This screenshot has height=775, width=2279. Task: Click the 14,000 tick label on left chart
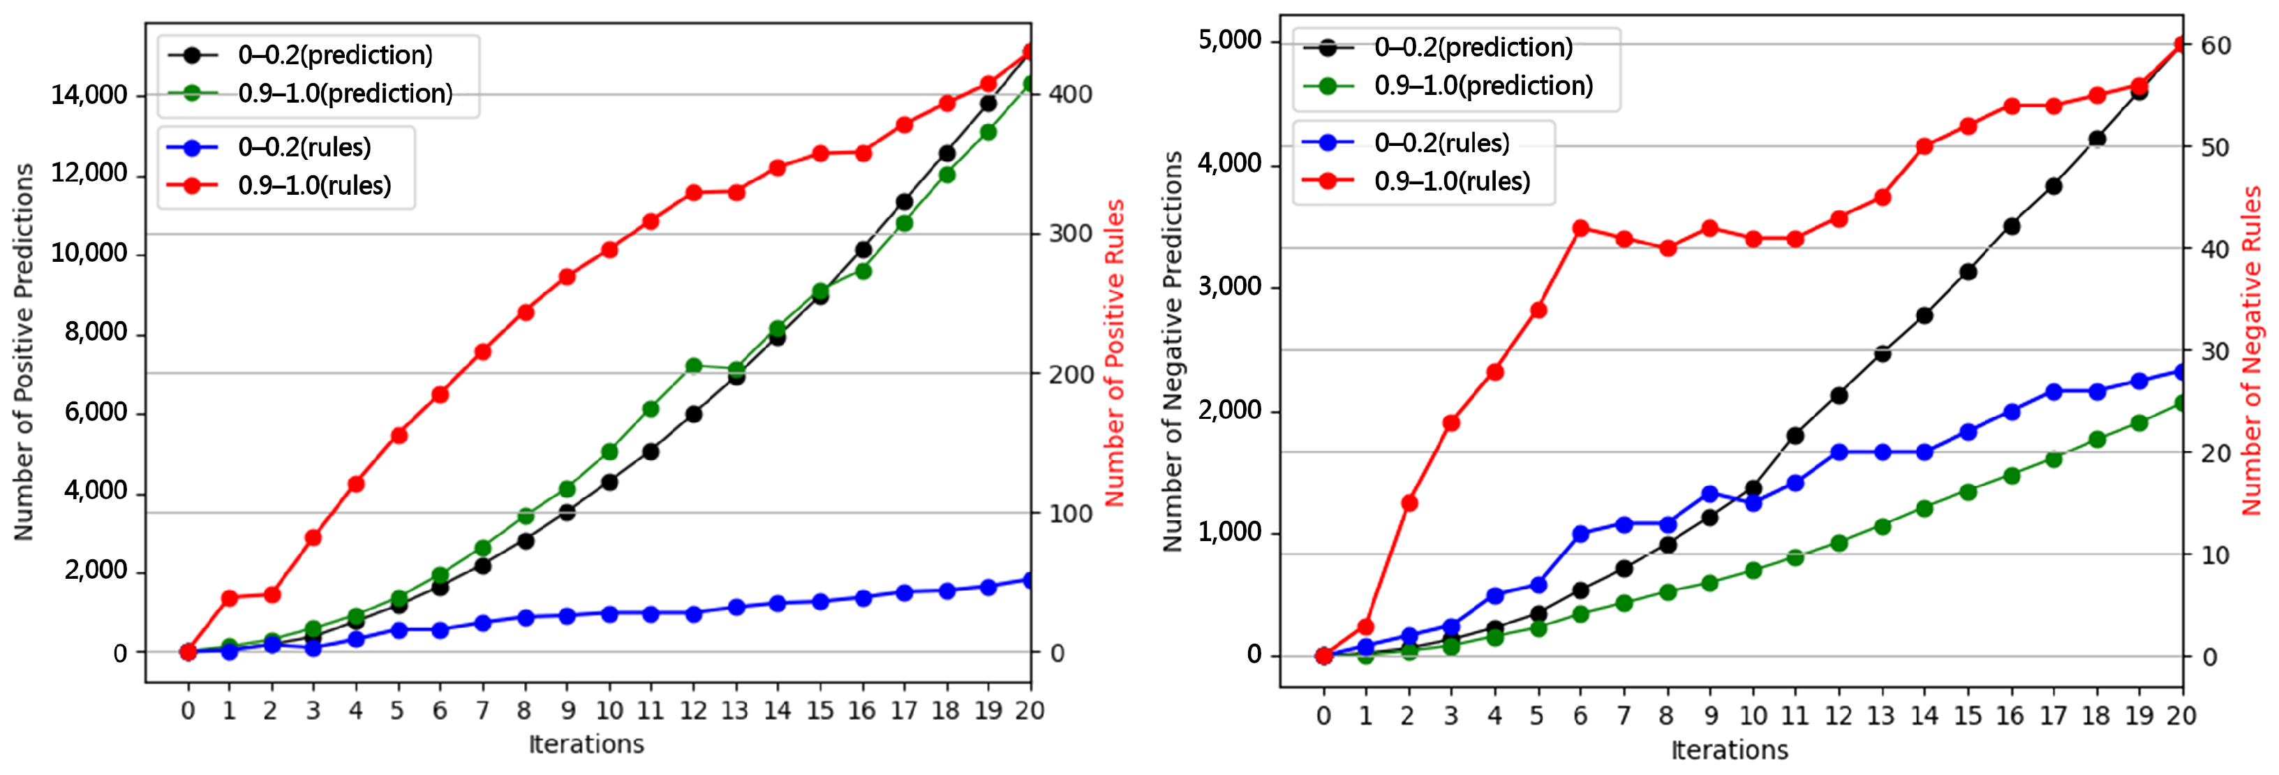pyautogui.click(x=89, y=95)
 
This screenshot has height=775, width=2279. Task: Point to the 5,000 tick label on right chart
pyautogui.click(x=1229, y=40)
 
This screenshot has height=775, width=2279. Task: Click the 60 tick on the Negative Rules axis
pyautogui.click(x=2215, y=45)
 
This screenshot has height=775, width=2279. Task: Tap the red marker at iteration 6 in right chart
pyautogui.click(x=1581, y=228)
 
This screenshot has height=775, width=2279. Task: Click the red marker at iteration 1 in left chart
pyautogui.click(x=229, y=598)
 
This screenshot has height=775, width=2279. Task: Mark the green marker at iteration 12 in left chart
pyautogui.click(x=694, y=365)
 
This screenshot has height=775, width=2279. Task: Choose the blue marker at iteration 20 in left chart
pyautogui.click(x=1030, y=580)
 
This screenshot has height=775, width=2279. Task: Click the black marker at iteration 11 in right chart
pyautogui.click(x=1795, y=435)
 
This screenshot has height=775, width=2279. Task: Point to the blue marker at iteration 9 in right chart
pyautogui.click(x=1709, y=494)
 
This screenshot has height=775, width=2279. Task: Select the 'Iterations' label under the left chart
pyautogui.click(x=586, y=744)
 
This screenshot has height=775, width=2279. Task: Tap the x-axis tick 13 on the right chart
pyautogui.click(x=1881, y=716)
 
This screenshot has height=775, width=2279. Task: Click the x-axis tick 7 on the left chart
pyautogui.click(x=482, y=711)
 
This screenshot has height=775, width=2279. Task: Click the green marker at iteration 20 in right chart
pyautogui.click(x=2181, y=404)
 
